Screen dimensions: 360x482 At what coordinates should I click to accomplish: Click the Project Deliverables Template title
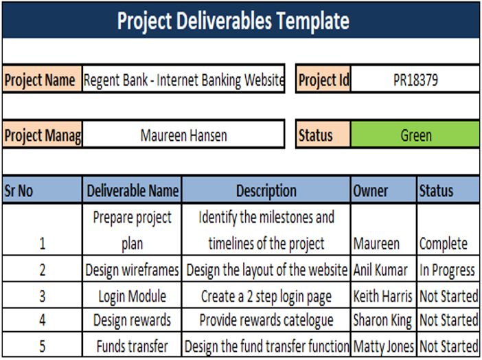coord(233,21)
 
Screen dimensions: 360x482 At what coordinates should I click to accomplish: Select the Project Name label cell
coord(41,80)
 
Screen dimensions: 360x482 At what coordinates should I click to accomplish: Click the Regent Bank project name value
coord(183,80)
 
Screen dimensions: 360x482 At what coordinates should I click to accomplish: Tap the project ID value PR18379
coord(415,80)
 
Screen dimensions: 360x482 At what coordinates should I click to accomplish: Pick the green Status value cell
coord(415,135)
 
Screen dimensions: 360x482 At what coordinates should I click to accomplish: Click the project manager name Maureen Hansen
coord(183,135)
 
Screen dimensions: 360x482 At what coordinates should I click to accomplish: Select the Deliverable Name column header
coord(133,190)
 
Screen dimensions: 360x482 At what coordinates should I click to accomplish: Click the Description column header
coord(266,190)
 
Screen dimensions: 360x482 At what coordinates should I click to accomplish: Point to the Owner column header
coord(371,190)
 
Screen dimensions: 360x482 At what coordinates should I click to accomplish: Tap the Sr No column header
coord(19,190)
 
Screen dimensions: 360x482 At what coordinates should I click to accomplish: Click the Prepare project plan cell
coord(133,230)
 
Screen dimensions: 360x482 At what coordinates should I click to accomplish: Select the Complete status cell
coord(444,243)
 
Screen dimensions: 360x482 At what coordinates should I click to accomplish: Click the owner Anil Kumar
coord(380,270)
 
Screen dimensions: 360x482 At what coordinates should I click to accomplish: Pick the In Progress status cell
coord(448,270)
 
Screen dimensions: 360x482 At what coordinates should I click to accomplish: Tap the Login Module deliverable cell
coord(133,296)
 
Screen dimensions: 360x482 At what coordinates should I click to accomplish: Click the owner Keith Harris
coord(383,296)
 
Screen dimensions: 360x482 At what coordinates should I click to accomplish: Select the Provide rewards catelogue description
coord(266,320)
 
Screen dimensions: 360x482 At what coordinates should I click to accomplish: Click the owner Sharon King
coord(382,320)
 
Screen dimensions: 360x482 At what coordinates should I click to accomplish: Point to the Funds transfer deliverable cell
coord(133,346)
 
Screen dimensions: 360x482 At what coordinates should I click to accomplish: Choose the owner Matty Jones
coord(383,346)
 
